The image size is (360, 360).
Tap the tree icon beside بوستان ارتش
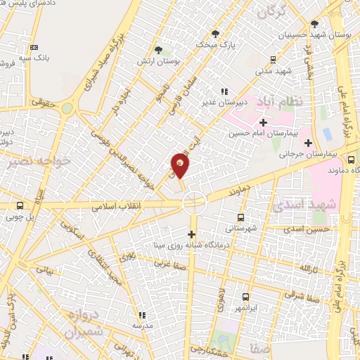160,50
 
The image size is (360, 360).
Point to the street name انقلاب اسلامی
117,205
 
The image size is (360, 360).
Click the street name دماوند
240,190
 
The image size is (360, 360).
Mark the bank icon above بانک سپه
33,47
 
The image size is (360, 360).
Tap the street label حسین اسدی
311,229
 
